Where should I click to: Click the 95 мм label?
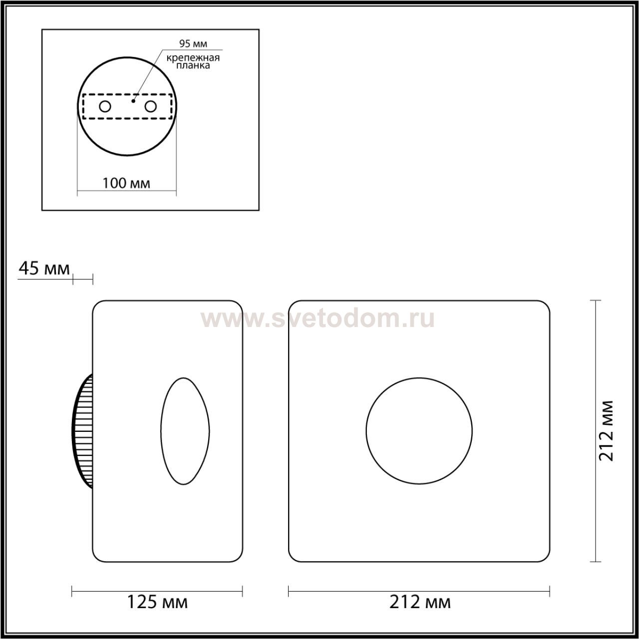coord(193,43)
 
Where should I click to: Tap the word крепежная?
coord(193,58)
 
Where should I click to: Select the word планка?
coord(193,66)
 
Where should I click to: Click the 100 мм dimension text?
coord(126,183)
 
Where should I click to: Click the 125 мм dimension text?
coord(158,602)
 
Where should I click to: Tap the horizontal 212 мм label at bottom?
coord(420,602)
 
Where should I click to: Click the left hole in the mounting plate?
coord(105,107)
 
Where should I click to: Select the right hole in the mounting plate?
coord(151,107)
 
